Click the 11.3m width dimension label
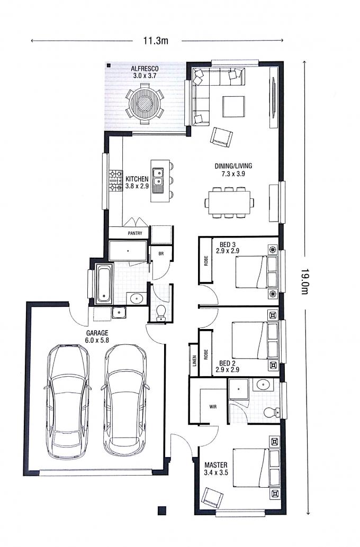click(156, 40)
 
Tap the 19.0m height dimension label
click(304, 281)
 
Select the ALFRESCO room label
click(145, 68)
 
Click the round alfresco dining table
click(145, 104)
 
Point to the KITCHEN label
click(137, 179)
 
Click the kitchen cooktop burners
click(115, 180)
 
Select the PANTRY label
click(135, 233)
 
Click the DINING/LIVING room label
click(233, 166)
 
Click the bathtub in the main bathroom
click(104, 283)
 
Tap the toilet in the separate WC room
click(161, 312)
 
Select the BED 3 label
click(227, 244)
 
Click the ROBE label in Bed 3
click(206, 260)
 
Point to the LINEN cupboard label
click(194, 361)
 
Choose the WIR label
click(213, 406)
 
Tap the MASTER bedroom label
click(216, 464)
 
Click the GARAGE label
click(97, 333)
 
